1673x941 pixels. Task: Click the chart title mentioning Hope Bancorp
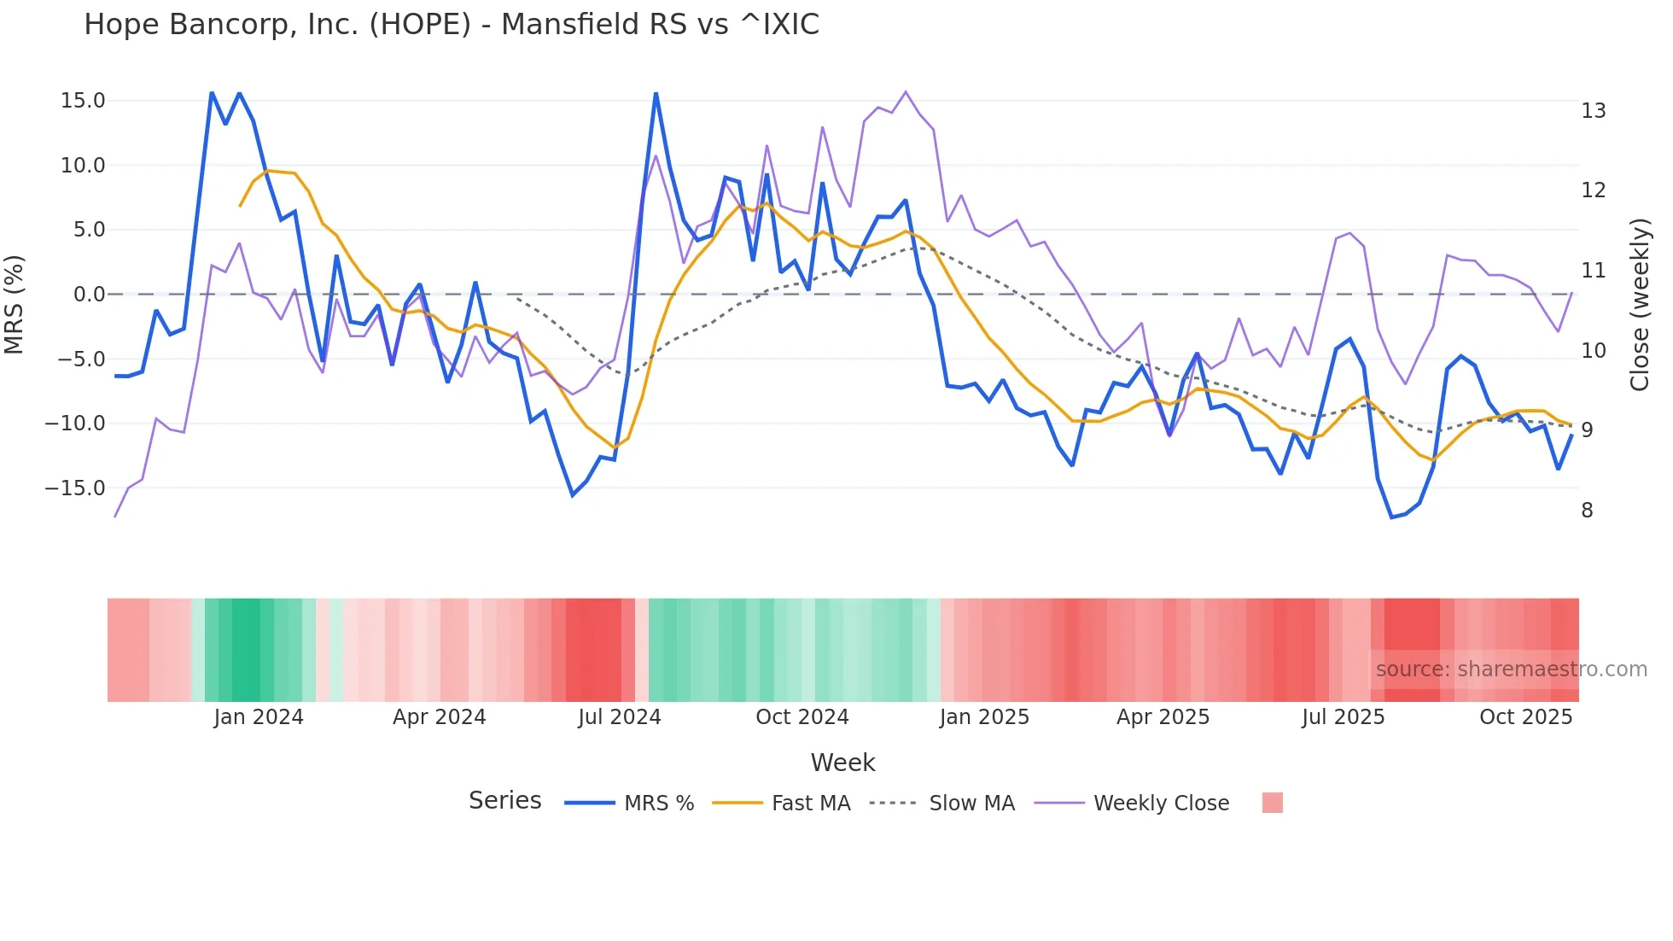click(451, 25)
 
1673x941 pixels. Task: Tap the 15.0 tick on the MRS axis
click(83, 101)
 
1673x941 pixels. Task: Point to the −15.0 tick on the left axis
click(75, 488)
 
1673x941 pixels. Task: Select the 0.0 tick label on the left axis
click(89, 295)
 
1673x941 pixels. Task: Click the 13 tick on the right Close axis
click(1593, 111)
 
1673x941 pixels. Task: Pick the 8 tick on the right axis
click(1587, 511)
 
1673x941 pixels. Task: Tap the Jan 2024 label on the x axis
click(258, 717)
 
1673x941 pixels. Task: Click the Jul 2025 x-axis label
click(1343, 717)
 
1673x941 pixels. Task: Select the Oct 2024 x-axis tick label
click(802, 717)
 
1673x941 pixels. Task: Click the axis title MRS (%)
click(15, 304)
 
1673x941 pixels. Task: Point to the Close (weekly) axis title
click(1640, 305)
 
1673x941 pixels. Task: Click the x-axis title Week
click(842, 763)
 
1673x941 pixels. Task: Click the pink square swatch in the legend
click(1272, 803)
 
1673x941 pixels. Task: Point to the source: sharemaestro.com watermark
click(1511, 669)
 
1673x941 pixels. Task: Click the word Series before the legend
click(504, 801)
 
